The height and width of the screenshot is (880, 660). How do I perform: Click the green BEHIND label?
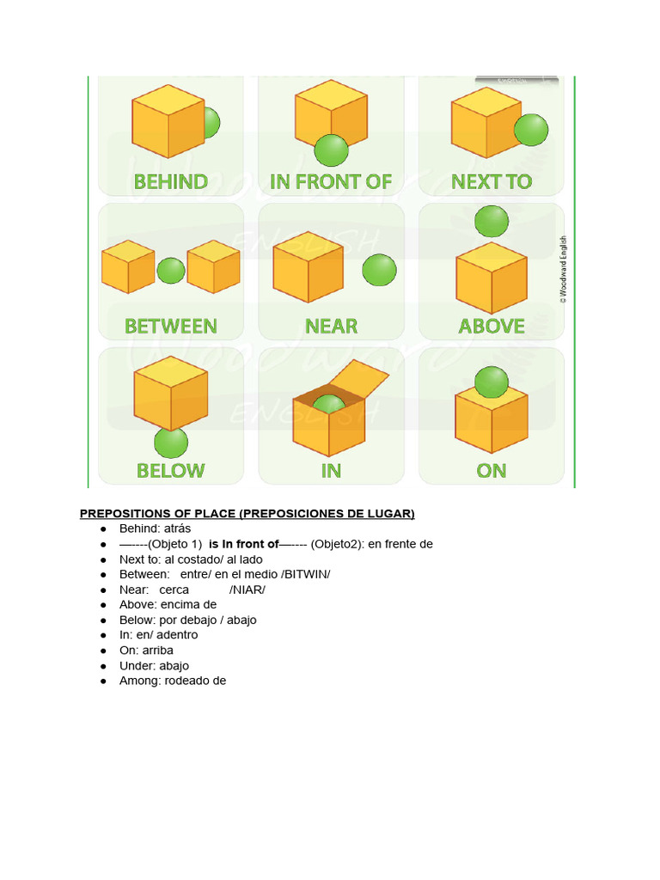pyautogui.click(x=170, y=182)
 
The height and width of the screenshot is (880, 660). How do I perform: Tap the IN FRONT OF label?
pyautogui.click(x=331, y=182)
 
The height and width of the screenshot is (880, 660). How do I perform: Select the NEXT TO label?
pyautogui.click(x=492, y=182)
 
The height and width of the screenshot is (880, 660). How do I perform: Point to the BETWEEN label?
pyautogui.click(x=171, y=327)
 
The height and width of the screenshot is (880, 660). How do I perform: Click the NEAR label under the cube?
pyautogui.click(x=331, y=327)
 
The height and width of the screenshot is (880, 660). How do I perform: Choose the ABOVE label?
pyautogui.click(x=492, y=327)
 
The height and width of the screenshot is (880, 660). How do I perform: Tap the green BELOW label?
pyautogui.click(x=171, y=471)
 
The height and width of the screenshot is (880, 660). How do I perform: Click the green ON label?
pyautogui.click(x=492, y=471)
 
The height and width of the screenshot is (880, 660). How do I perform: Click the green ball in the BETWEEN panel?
pyautogui.click(x=171, y=271)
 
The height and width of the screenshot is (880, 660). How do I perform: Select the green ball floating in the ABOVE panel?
pyautogui.click(x=492, y=221)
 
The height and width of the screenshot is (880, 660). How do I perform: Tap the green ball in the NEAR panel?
pyautogui.click(x=379, y=270)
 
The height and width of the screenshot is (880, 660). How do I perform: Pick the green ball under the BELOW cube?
pyautogui.click(x=171, y=443)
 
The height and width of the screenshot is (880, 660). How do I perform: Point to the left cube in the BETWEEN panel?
pyautogui.click(x=127, y=266)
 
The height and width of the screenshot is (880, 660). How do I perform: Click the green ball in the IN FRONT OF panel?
pyautogui.click(x=331, y=150)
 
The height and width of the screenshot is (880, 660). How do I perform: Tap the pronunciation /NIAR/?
pyautogui.click(x=247, y=590)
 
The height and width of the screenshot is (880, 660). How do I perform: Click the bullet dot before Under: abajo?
pyautogui.click(x=102, y=666)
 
